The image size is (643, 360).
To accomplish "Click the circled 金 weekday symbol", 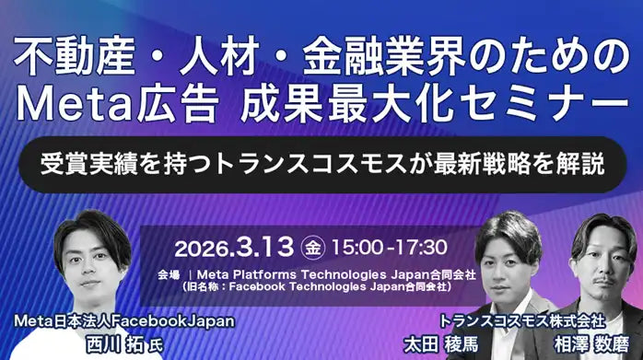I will click(x=311, y=247).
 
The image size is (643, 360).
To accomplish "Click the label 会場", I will click(x=169, y=273).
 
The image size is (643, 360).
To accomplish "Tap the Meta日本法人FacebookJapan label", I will click(x=118, y=321).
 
